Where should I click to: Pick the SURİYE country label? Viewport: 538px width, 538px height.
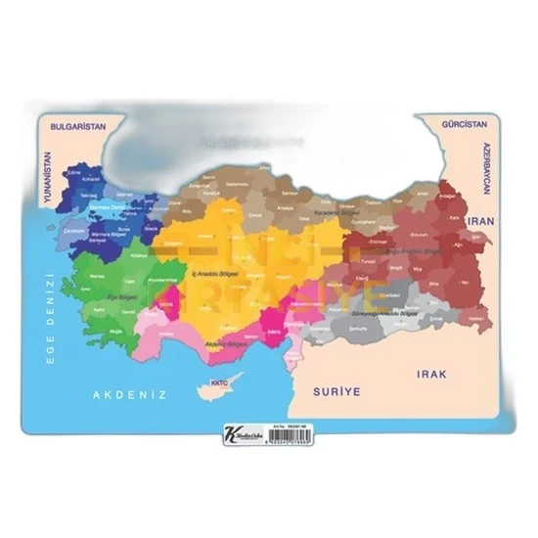tap(336, 391)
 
